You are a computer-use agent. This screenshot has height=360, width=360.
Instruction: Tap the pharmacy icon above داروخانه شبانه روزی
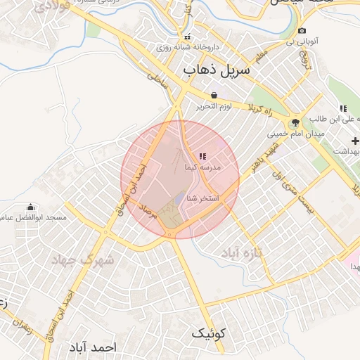pos(186,37)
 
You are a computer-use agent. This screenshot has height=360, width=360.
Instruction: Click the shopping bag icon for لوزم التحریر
pos(213,95)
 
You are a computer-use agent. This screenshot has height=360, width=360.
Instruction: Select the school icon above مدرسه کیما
pos(202,156)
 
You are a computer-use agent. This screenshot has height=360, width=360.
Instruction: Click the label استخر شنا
pos(202,199)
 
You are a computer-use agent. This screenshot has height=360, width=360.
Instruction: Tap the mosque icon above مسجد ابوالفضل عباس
pos(30,207)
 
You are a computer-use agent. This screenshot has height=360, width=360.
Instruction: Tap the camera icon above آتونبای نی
pos(302,31)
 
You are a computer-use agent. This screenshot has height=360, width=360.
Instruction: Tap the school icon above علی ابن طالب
pos(343,108)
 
